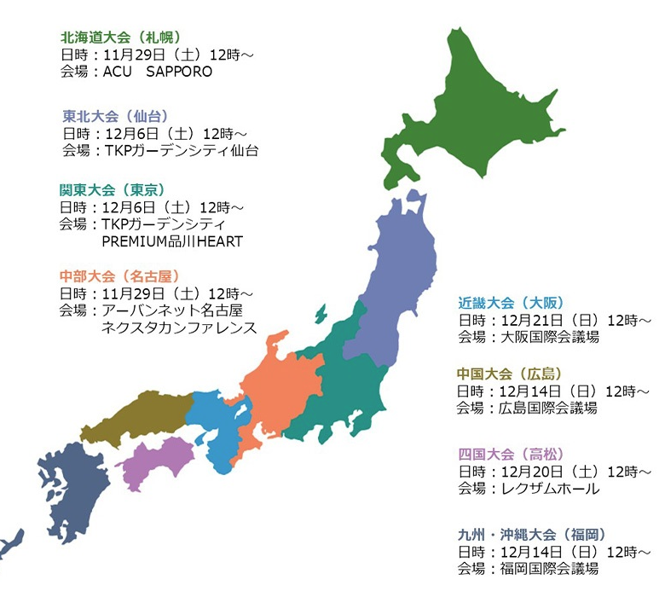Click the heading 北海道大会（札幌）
pyautogui.click(x=120, y=38)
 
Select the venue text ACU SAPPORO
pyautogui.click(x=157, y=72)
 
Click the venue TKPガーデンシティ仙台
pyautogui.click(x=180, y=150)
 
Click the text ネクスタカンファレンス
pyautogui.click(x=179, y=327)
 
